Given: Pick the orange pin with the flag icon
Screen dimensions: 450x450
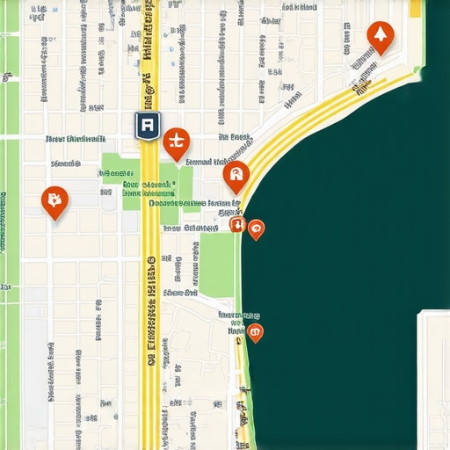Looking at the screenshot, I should click(x=54, y=201).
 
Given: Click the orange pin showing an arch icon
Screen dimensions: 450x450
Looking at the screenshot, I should click(x=236, y=177).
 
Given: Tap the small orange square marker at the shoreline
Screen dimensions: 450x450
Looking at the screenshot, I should click(x=236, y=225).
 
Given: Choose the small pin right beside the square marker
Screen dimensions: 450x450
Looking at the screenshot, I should click(x=255, y=229).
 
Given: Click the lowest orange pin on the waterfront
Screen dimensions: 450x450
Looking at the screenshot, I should click(x=254, y=332).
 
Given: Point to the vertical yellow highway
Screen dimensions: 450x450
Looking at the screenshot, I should click(x=151, y=369).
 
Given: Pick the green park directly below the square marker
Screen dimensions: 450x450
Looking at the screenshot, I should click(x=218, y=264).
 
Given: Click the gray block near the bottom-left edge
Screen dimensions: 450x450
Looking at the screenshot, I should click(x=35, y=369).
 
